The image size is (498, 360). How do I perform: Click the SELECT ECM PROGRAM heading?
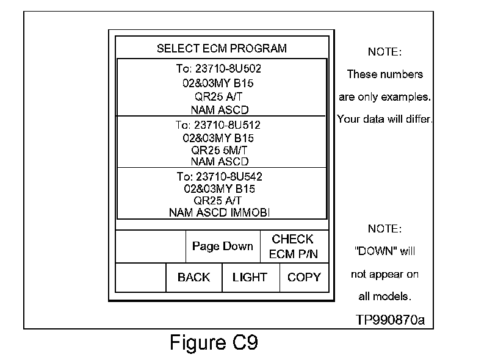coord(222,49)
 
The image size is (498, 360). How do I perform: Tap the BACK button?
coord(193,278)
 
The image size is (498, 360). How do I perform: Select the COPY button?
coord(304,278)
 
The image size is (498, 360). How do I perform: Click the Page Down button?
coord(222,247)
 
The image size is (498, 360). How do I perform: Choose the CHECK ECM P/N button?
coord(293,247)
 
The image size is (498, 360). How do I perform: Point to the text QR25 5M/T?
coord(219,149)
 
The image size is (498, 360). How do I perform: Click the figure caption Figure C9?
coord(214,343)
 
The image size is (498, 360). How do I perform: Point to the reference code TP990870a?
coord(390,319)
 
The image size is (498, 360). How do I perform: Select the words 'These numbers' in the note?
coord(384,74)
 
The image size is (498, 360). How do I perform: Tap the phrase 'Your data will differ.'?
coord(384,119)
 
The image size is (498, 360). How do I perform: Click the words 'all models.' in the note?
coord(384,297)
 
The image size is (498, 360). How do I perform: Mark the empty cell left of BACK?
coord(141,278)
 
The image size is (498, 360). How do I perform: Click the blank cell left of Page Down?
coord(150,247)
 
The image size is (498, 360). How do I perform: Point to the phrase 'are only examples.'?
coord(384,97)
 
